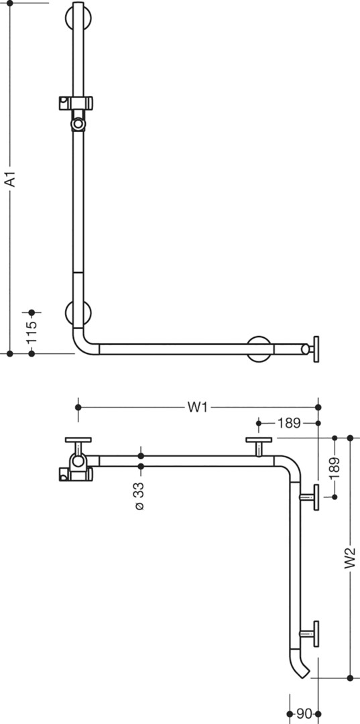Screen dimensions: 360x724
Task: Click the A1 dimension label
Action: click(x=10, y=179)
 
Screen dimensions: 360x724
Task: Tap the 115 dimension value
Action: click(x=32, y=332)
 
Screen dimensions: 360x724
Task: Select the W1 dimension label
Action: click(x=197, y=408)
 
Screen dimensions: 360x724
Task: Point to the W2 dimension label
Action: click(x=350, y=557)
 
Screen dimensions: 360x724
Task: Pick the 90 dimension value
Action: click(x=304, y=714)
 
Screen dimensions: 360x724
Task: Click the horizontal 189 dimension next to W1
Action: click(x=289, y=423)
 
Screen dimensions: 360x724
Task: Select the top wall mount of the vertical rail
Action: click(x=78, y=17)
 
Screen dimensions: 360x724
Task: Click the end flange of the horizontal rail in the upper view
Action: click(x=316, y=349)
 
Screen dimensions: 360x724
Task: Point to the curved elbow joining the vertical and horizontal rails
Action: click(x=84, y=342)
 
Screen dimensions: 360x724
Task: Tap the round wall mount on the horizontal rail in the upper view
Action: click(x=259, y=349)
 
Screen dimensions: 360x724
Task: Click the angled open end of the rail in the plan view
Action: click(x=302, y=670)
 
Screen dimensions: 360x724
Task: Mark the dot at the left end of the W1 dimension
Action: click(x=78, y=408)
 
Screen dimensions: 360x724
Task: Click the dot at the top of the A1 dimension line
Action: click(x=9, y=3)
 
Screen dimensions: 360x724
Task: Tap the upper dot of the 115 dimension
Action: click(x=32, y=312)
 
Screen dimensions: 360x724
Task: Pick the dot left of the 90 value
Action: click(x=290, y=714)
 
